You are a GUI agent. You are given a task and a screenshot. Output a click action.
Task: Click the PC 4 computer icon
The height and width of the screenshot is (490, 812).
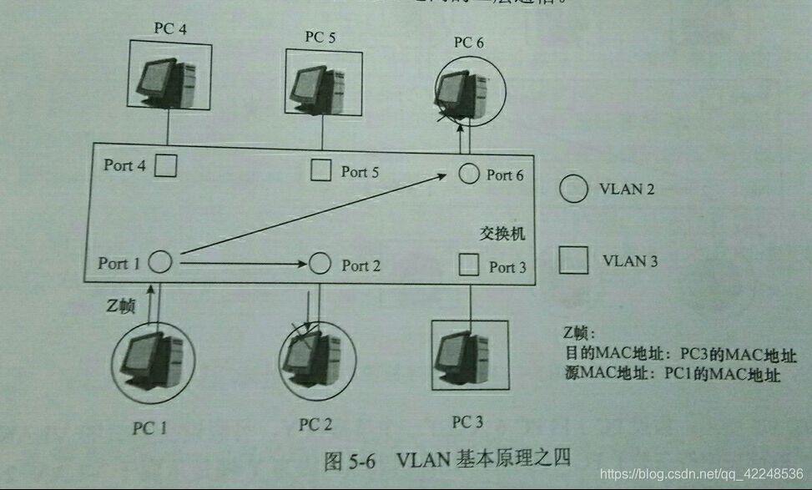pyautogui.click(x=168, y=82)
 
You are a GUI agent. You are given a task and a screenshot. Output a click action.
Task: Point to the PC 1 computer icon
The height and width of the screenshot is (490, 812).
pyautogui.click(x=153, y=360)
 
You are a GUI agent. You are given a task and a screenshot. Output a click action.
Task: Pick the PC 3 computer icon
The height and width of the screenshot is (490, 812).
pyautogui.click(x=469, y=355)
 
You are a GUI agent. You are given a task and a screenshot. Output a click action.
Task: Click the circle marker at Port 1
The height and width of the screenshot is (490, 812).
pyautogui.click(x=159, y=263)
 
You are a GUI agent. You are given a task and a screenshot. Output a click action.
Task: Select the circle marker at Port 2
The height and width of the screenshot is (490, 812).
pyautogui.click(x=320, y=265)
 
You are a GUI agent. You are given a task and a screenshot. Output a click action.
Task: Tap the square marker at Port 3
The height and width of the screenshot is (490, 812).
pyautogui.click(x=469, y=265)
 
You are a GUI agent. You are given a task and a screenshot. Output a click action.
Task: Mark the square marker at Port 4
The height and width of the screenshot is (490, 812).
pyautogui.click(x=167, y=165)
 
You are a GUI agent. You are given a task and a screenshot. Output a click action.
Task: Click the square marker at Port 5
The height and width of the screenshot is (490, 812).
pyautogui.click(x=320, y=171)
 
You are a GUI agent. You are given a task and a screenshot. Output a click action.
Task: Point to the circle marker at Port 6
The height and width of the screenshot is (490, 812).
pyautogui.click(x=469, y=174)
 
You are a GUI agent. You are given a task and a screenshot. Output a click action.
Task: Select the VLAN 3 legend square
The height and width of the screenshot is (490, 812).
pyautogui.click(x=573, y=260)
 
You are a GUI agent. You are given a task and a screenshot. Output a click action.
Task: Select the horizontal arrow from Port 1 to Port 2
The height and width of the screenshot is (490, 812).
pyautogui.click(x=242, y=265)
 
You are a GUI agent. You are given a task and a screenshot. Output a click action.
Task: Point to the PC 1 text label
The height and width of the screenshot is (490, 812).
pyautogui.click(x=149, y=428)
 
